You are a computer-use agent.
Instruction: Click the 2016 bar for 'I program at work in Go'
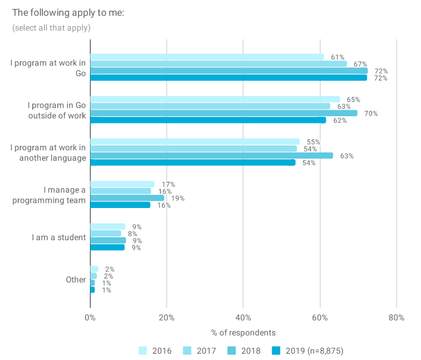[x=207, y=57]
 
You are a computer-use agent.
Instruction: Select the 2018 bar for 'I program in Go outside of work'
[x=223, y=113]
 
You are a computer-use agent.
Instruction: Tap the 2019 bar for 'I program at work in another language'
[x=192, y=162]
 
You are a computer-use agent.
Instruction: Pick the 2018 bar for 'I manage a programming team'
[x=127, y=198]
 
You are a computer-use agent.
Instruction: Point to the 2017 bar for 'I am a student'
[x=105, y=234]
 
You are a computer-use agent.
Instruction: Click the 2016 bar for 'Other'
[x=94, y=269]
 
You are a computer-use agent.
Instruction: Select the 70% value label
[x=371, y=113]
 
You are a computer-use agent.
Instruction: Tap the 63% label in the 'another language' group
[x=347, y=156]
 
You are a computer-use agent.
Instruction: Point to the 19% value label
[x=177, y=198]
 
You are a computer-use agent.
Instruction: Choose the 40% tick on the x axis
[x=243, y=318]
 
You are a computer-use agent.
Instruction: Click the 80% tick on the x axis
[x=396, y=318]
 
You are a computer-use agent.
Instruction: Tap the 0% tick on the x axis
[x=90, y=318]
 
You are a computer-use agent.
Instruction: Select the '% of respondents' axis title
[x=243, y=332]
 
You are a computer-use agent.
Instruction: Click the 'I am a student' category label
[x=59, y=237]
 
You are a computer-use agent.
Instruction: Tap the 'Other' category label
[x=76, y=279]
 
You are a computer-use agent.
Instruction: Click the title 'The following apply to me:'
[x=68, y=13]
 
